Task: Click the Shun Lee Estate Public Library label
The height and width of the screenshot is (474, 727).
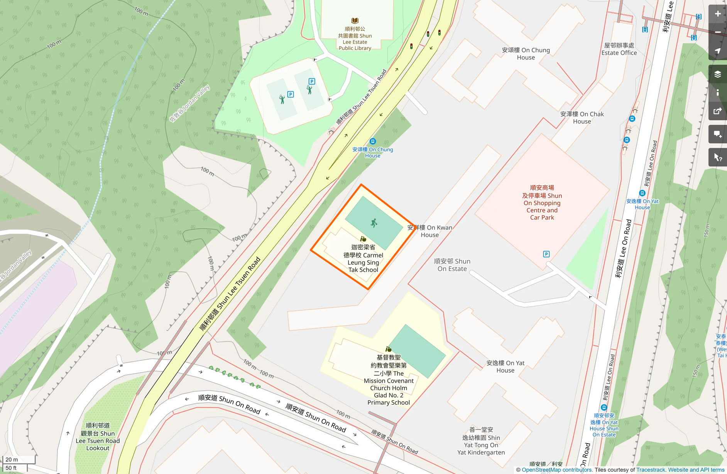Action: pos(355,39)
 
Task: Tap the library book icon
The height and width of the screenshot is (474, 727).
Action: pos(355,20)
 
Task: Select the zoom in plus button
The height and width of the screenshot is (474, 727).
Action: pos(717,14)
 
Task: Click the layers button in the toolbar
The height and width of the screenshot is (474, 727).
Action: pos(717,74)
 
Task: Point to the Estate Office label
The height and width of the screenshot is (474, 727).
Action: pos(619,49)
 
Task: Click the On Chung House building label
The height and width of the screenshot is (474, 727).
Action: pos(526,54)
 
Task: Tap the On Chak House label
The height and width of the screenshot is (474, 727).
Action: pos(582,118)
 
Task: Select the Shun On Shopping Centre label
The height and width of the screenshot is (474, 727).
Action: pos(542,202)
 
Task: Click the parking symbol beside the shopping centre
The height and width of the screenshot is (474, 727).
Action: pos(546,254)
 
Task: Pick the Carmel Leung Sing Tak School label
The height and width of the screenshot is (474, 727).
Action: pos(363,258)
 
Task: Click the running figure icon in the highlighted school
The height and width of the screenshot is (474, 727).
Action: pos(374,223)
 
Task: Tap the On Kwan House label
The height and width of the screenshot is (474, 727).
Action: pos(430,231)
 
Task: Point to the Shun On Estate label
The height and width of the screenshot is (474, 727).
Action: pos(452,265)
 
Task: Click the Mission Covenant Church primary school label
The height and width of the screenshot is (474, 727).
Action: pos(389,380)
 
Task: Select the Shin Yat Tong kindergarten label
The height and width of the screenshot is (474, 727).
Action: pos(481,441)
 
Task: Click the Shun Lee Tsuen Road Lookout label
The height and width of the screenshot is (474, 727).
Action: pos(98,437)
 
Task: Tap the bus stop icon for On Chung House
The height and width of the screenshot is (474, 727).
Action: pos(373,141)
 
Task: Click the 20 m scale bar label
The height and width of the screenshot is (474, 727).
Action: pos(12,459)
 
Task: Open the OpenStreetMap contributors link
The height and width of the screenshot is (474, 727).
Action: pos(557,470)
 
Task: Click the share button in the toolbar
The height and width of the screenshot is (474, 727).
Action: pos(717,111)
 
